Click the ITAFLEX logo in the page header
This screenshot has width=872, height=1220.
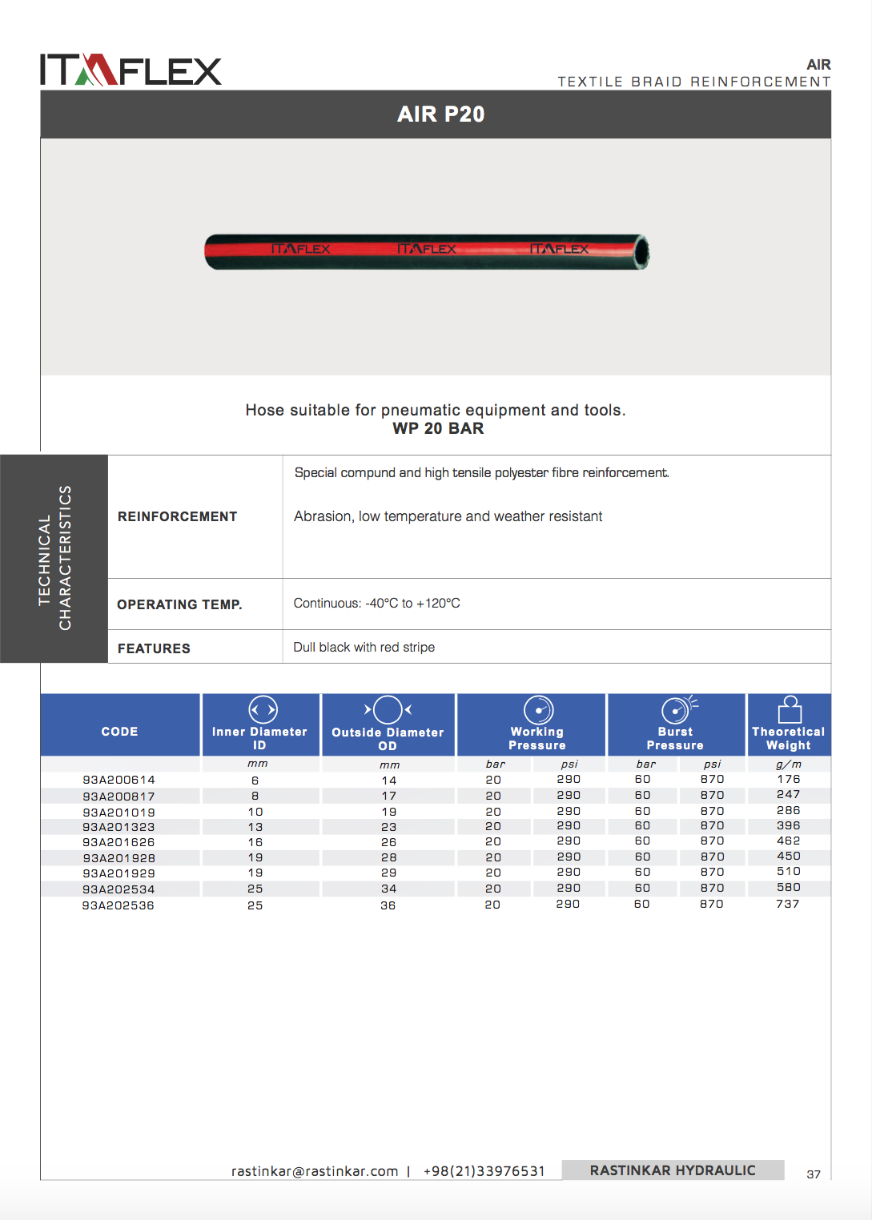[131, 70]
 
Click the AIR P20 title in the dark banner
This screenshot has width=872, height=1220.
[440, 114]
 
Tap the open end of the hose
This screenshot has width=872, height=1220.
[641, 252]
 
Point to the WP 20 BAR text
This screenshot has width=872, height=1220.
[438, 428]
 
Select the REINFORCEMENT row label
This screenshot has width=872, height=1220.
[177, 516]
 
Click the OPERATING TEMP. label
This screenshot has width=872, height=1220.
[179, 604]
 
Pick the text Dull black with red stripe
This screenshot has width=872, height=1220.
[364, 647]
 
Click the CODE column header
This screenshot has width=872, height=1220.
[119, 732]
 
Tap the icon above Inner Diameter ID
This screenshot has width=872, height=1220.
[263, 709]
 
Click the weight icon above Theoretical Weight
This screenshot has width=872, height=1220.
[790, 709]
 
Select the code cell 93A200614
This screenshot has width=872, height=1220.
[119, 780]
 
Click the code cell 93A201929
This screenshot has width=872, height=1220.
[119, 873]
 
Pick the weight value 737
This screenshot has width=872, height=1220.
[787, 904]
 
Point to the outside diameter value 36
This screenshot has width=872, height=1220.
[388, 905]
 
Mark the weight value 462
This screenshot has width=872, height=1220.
[788, 841]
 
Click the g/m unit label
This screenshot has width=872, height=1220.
[788, 765]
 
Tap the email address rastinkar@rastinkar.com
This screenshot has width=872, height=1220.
[315, 1171]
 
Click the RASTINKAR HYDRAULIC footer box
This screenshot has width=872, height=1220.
[673, 1170]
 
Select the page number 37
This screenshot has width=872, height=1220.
[814, 1174]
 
